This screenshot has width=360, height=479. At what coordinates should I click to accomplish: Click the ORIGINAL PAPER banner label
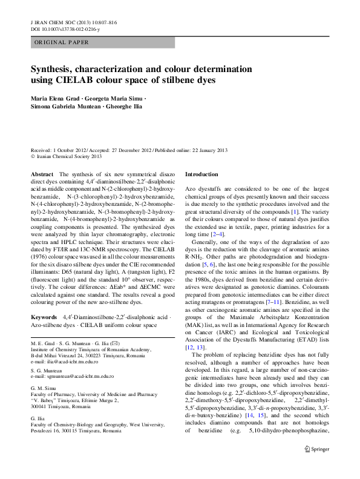tap(61, 42)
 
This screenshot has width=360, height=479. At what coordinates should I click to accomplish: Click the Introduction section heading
tap(201, 174)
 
